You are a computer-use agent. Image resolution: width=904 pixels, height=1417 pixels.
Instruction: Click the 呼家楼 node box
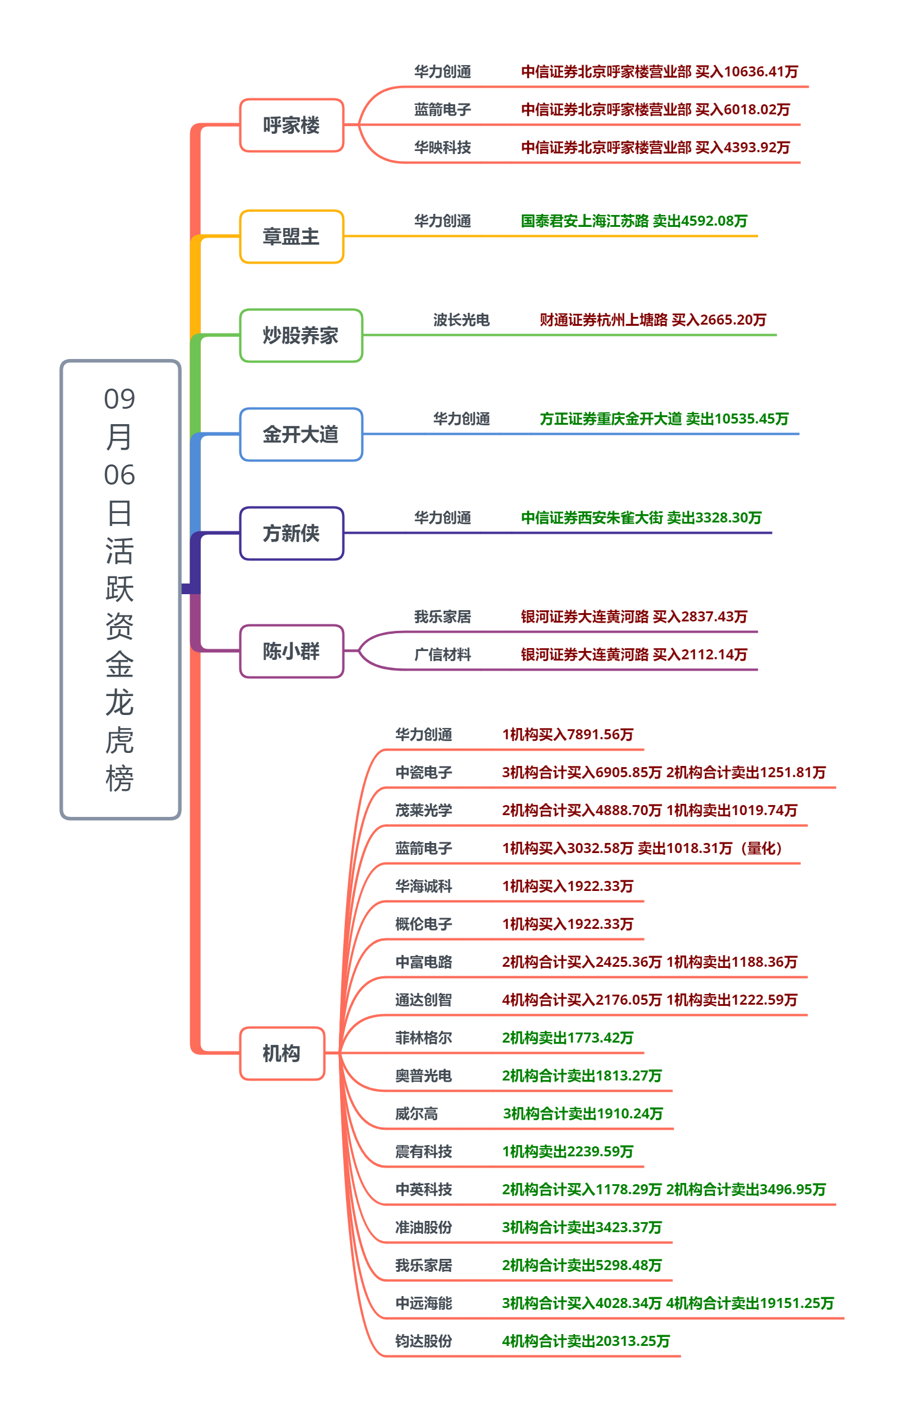click(291, 125)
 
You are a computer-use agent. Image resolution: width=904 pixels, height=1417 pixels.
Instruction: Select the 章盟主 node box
click(291, 236)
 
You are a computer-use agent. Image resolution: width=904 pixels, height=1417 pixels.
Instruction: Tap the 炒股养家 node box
click(301, 335)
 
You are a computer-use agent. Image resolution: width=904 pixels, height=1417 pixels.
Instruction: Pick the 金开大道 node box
click(301, 434)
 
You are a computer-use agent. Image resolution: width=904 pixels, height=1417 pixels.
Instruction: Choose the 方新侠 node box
click(291, 533)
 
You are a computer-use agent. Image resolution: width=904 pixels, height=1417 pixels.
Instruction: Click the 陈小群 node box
click(291, 651)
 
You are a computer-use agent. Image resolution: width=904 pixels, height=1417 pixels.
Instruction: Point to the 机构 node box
click(282, 1053)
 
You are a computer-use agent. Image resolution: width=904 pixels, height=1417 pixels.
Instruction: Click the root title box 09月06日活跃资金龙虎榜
click(120, 589)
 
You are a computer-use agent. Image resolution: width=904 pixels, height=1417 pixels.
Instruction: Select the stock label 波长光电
click(461, 320)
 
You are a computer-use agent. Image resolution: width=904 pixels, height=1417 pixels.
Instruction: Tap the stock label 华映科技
click(443, 147)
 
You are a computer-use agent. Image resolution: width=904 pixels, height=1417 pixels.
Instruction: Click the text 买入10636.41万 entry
click(746, 72)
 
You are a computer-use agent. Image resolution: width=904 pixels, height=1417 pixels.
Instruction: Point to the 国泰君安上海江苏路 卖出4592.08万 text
click(634, 221)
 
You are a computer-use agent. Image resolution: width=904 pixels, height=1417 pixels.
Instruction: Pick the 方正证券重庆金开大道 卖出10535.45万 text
click(664, 419)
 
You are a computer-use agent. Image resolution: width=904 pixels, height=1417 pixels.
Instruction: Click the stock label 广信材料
click(443, 655)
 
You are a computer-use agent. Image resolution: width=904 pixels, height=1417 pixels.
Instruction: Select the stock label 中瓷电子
click(424, 772)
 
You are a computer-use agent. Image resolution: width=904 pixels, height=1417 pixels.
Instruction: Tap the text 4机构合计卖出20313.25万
click(586, 1341)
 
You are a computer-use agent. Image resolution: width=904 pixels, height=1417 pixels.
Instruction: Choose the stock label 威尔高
click(416, 1114)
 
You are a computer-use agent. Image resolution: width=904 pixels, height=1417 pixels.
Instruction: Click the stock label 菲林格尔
click(424, 1038)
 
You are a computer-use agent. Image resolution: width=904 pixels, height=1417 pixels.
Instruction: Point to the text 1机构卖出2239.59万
click(568, 1152)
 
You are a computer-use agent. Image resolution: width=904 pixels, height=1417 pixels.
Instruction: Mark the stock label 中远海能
click(424, 1303)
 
